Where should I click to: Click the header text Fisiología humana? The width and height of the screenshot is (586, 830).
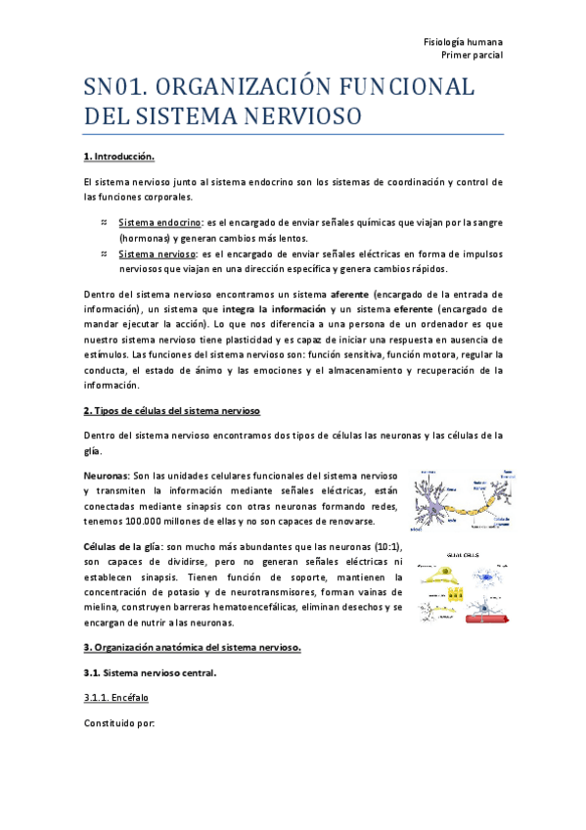pyautogui.click(x=463, y=43)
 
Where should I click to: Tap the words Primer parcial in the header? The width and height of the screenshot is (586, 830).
pyautogui.click(x=473, y=58)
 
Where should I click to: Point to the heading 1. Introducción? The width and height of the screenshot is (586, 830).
pyautogui.click(x=120, y=157)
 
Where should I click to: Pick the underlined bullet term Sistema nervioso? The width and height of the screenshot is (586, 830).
pyautogui.click(x=152, y=254)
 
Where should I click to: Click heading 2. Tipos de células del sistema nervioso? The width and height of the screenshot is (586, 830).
pyautogui.click(x=171, y=410)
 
